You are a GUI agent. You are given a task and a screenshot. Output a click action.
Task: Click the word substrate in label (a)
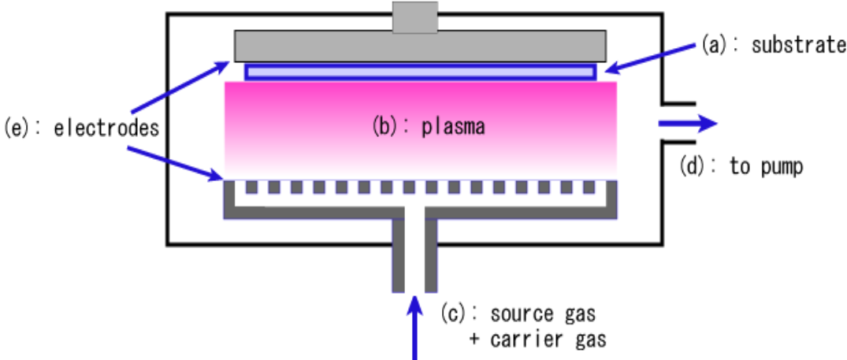click(x=798, y=45)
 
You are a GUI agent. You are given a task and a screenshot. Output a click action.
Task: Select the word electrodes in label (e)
click(x=106, y=127)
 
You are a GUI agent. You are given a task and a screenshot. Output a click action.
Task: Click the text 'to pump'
click(x=766, y=168)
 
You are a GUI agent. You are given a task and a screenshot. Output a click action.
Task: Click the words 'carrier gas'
click(x=548, y=340)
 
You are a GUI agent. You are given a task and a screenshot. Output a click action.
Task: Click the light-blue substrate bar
click(x=420, y=72)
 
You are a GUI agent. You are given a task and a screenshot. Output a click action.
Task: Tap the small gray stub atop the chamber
click(x=415, y=17)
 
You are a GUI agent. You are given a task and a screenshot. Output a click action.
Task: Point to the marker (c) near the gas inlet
click(x=455, y=313)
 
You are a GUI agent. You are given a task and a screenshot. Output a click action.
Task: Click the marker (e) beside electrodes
click(x=17, y=127)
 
